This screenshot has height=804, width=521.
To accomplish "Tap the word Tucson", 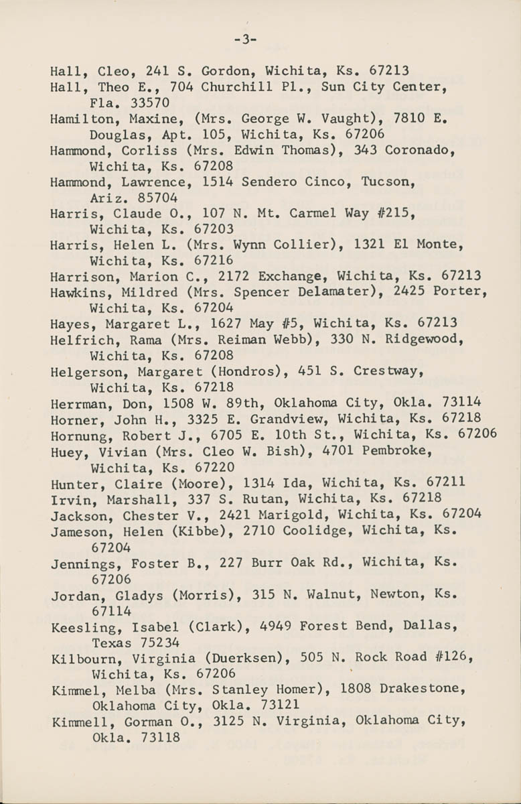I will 388,182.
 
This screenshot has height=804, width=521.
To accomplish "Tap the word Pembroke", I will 396,450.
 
